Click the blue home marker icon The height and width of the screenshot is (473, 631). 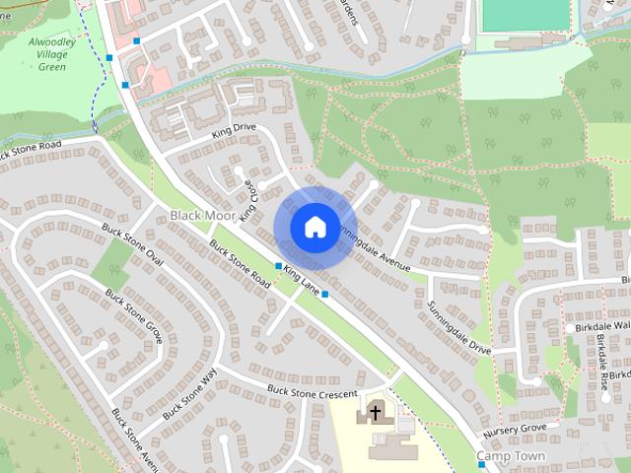click(x=314, y=227)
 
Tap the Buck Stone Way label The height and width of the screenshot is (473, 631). click(x=188, y=394)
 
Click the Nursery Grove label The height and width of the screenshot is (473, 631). click(x=514, y=432)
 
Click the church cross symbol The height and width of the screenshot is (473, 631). click(x=376, y=412)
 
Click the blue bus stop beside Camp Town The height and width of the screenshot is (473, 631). click(x=468, y=463)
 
